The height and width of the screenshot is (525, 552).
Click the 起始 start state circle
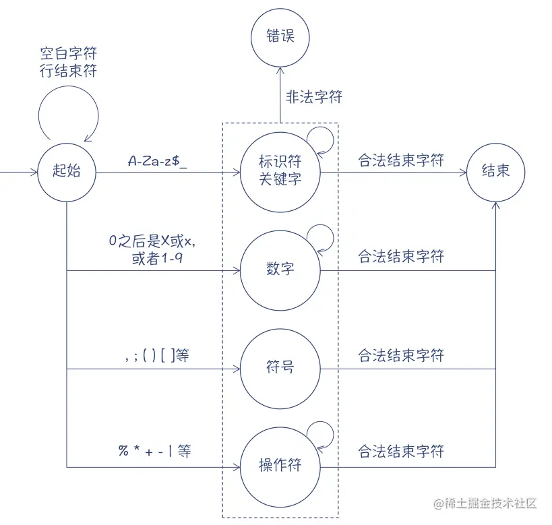point(67,171)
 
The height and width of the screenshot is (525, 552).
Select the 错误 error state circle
point(280,36)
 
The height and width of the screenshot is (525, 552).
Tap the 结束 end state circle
point(495,171)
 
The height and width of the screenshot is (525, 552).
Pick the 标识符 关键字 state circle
point(280,171)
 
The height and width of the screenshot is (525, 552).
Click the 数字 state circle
point(280,270)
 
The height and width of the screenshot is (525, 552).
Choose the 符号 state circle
point(280,368)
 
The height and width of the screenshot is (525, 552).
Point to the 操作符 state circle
point(280,465)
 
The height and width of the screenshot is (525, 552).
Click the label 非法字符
point(314,97)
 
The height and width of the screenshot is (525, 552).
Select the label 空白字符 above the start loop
point(68,54)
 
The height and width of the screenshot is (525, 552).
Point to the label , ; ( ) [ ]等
point(157,355)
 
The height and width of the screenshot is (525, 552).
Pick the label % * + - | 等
point(155,450)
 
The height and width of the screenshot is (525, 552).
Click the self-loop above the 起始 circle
point(67,115)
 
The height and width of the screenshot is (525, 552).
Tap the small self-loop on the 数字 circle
point(320,236)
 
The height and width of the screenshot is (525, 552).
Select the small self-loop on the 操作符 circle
point(320,433)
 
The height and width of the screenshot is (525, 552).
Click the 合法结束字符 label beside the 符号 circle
point(401,355)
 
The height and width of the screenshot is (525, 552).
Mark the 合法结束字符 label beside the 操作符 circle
point(401,451)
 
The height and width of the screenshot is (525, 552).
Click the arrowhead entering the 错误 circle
point(280,64)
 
